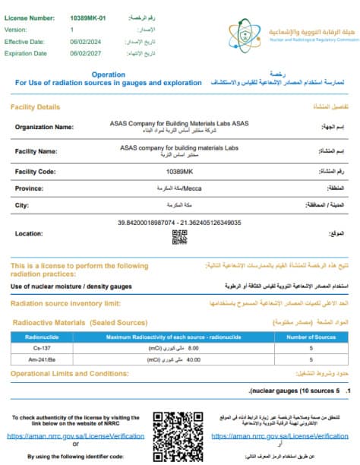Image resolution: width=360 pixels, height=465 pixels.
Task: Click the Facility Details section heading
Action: [35, 108]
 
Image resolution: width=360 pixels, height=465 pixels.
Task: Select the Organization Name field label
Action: [45, 127]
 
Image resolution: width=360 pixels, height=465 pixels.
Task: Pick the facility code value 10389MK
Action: [180, 172]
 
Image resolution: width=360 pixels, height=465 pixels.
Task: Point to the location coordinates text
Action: [179, 222]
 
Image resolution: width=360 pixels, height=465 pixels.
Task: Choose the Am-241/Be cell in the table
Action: [36, 359]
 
